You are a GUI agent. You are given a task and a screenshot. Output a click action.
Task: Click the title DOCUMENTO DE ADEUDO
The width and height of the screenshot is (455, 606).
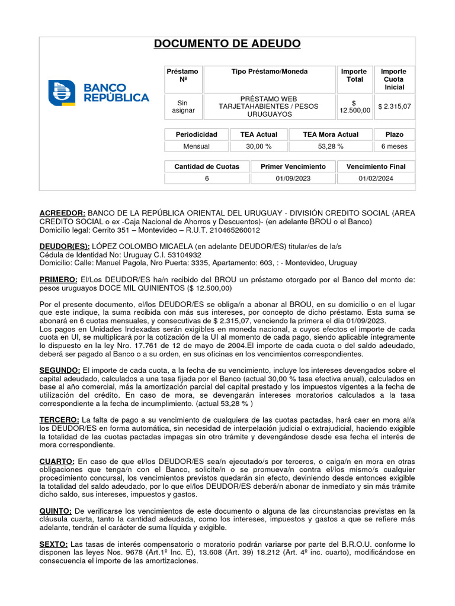227,44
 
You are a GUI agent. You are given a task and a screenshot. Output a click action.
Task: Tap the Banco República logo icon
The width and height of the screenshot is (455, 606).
62,93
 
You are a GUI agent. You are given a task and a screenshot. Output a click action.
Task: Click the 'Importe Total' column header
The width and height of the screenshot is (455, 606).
355,75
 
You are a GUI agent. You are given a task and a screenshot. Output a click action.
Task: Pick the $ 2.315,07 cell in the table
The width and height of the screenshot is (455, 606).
395,107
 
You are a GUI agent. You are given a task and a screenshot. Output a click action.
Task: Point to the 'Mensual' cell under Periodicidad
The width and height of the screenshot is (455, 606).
196,146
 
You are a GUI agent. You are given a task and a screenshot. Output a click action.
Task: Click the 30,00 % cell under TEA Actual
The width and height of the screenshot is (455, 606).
258,146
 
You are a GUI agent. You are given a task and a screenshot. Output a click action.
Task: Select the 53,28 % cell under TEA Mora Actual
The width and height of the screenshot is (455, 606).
331,146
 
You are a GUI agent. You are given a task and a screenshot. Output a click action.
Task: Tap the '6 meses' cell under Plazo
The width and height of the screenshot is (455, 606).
395,146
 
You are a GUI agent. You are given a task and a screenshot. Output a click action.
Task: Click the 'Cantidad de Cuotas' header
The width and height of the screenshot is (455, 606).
207,166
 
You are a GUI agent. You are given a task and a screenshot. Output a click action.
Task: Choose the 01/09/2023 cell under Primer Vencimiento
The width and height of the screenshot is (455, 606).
293,179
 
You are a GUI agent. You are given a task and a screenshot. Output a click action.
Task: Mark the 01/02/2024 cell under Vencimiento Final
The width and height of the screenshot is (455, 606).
376,179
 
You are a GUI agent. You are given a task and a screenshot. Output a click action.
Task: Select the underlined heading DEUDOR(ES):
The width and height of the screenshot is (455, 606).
65,246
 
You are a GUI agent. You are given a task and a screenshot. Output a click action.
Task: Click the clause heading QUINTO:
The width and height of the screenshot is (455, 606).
56,511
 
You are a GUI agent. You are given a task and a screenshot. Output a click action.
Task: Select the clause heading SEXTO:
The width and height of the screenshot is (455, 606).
54,544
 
